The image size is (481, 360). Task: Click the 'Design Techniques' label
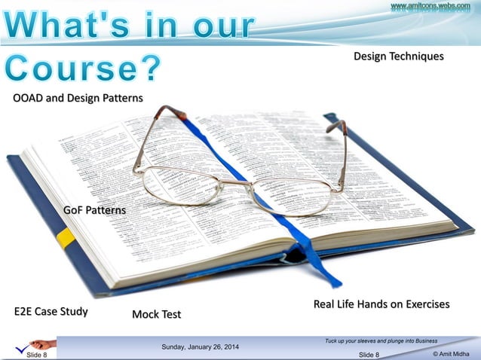pyautogui.click(x=398, y=56)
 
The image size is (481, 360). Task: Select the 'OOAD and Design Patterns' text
pyautogui.click(x=78, y=98)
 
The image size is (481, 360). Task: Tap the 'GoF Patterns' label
pyautogui.click(x=94, y=210)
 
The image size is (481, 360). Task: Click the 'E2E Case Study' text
pyautogui.click(x=51, y=311)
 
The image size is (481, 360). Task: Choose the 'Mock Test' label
pyautogui.click(x=156, y=314)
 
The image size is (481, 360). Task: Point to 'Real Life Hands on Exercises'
pyautogui.click(x=381, y=304)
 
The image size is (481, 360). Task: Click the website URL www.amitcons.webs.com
pyautogui.click(x=430, y=7)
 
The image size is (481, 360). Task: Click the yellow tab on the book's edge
pyautogui.click(x=66, y=238)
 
